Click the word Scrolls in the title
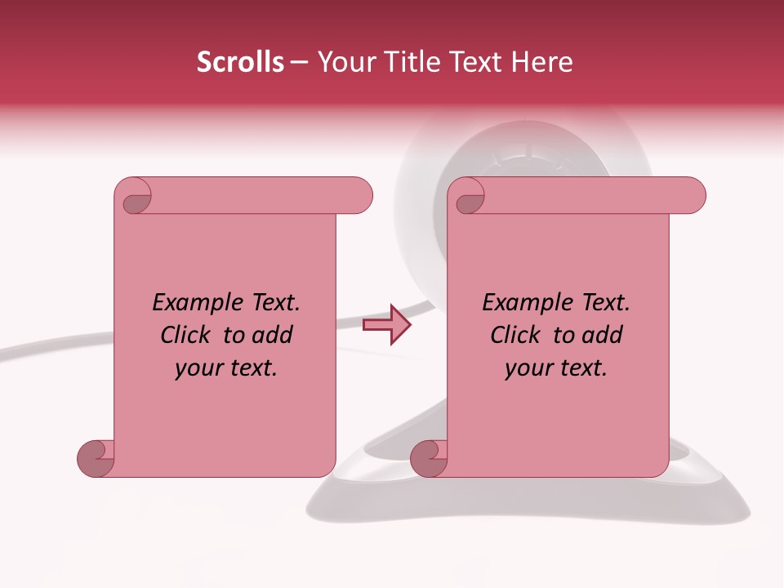click(240, 62)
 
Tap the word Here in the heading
click(542, 62)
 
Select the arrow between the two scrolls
click(386, 325)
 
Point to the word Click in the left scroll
click(187, 335)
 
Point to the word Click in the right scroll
click(516, 335)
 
